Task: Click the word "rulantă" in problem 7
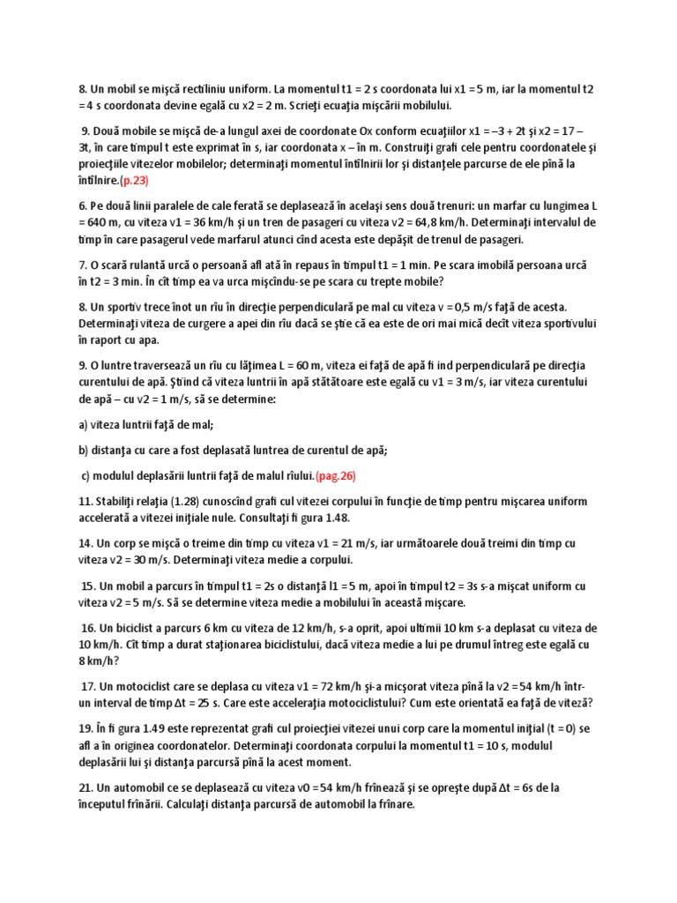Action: coord(150,265)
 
